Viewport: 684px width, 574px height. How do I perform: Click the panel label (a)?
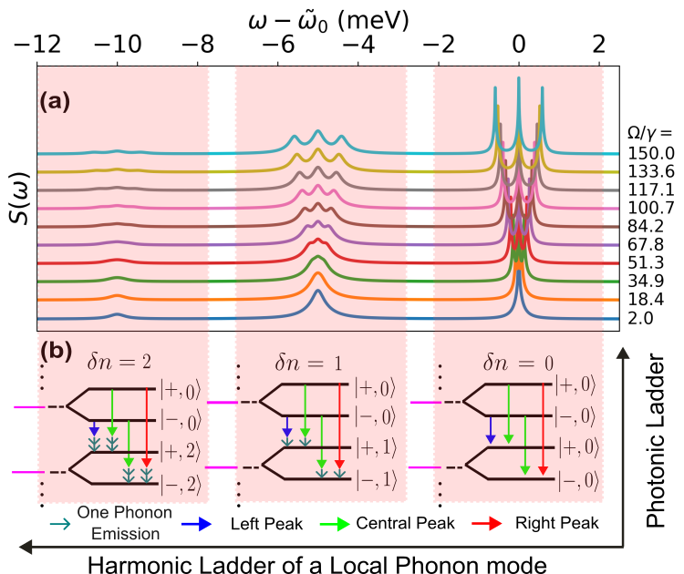pos(57,102)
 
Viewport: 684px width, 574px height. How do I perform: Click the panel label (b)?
pos(57,348)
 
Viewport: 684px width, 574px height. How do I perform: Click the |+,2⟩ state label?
pos(184,450)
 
